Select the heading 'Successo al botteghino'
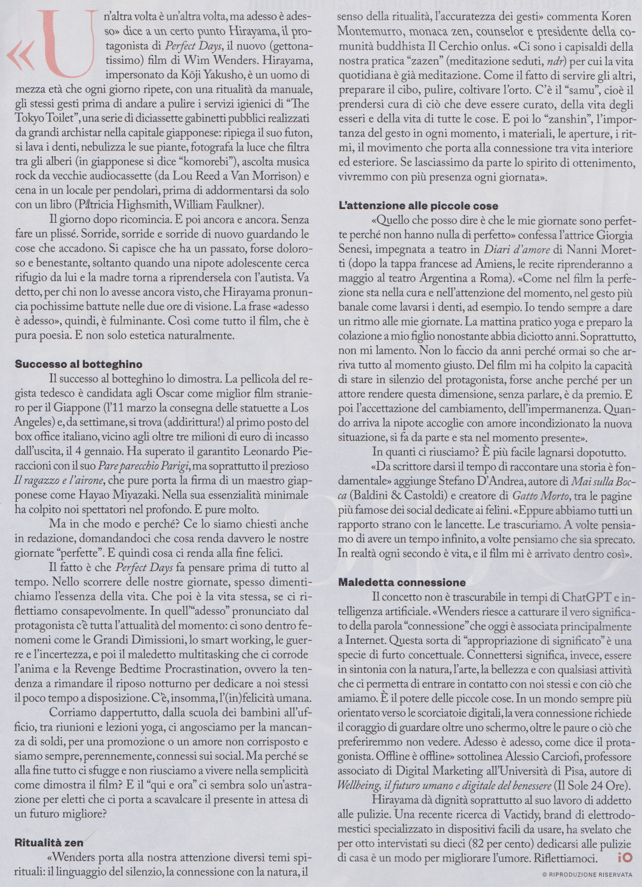coord(78,364)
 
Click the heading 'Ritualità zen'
coord(49,843)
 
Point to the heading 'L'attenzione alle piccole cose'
coord(418,206)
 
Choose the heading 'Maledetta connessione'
coord(401,582)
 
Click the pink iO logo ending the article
coord(625,858)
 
